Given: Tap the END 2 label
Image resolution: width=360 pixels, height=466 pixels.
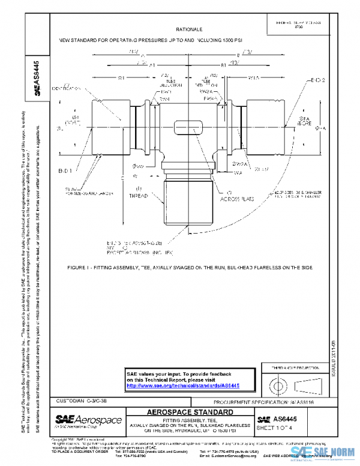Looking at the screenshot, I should coord(317,80).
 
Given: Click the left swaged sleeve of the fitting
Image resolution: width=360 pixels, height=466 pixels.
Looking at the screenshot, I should coord(110,128).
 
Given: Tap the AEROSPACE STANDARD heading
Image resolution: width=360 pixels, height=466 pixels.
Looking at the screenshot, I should coord(190,413).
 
